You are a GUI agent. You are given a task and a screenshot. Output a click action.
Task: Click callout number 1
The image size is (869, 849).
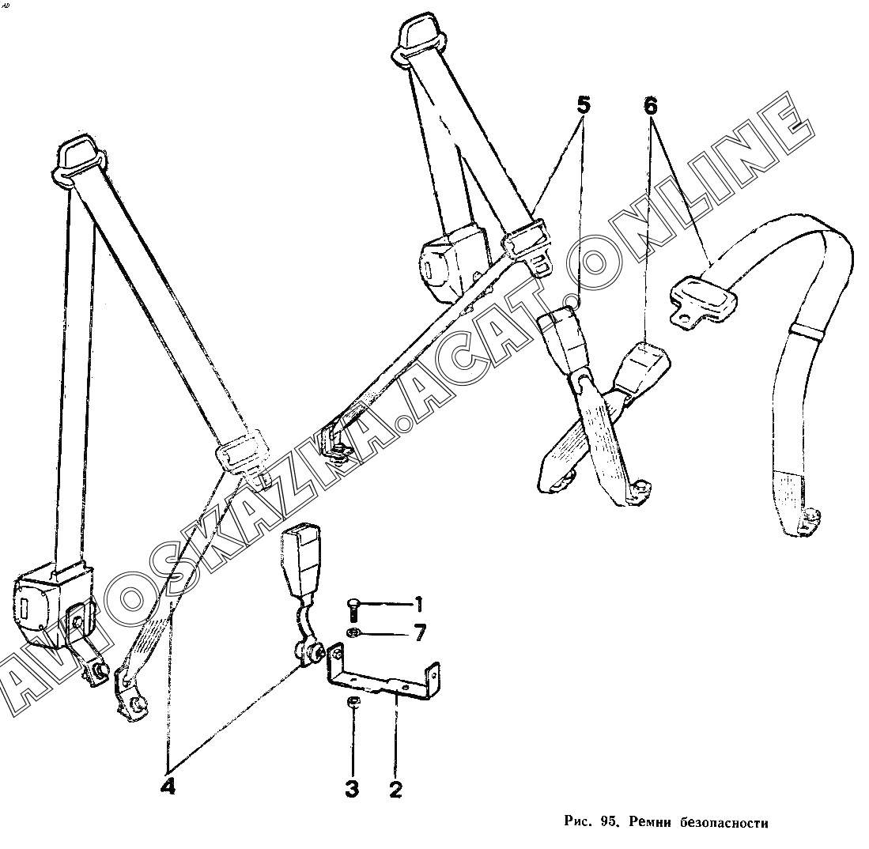(419, 606)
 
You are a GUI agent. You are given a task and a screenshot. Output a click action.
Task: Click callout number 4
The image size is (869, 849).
(168, 787)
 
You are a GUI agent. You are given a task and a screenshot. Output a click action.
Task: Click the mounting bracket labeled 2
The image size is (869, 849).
(387, 679)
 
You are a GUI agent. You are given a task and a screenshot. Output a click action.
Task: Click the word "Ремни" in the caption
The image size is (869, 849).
(650, 822)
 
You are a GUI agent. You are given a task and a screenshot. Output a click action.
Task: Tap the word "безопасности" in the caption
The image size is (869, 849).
(724, 822)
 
